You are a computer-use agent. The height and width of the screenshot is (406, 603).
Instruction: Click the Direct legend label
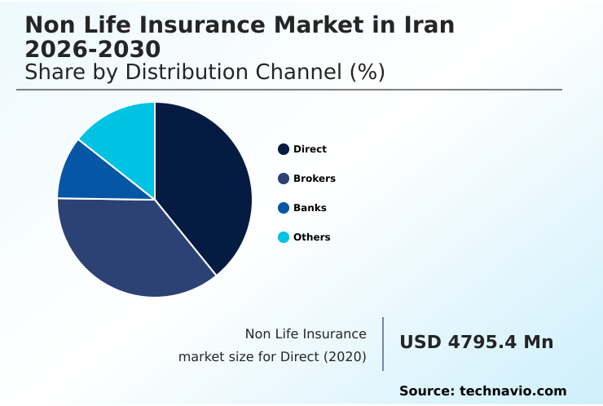coord(310,149)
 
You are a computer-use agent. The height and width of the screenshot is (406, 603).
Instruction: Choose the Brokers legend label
coord(314,179)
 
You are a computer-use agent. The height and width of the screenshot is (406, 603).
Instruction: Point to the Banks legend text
coord(310,208)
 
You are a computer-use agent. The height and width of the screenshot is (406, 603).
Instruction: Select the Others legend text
coord(311,237)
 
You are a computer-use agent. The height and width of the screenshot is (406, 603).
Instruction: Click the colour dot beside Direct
coord(284,149)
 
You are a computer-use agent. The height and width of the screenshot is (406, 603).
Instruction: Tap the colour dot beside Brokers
coord(284,179)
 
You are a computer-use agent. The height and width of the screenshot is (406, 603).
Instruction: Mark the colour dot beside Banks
coord(284,208)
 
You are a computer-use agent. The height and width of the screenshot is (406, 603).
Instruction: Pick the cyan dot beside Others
coord(284,237)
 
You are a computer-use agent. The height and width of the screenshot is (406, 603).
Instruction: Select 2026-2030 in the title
coord(92,49)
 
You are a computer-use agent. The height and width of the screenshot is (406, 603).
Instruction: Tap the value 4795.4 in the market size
coord(482,342)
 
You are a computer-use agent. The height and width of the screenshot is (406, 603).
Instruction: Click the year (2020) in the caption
coord(345,356)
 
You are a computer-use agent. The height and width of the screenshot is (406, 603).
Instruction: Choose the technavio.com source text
coord(513,391)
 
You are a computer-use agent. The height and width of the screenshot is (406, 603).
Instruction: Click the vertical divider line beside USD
coord(383,344)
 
